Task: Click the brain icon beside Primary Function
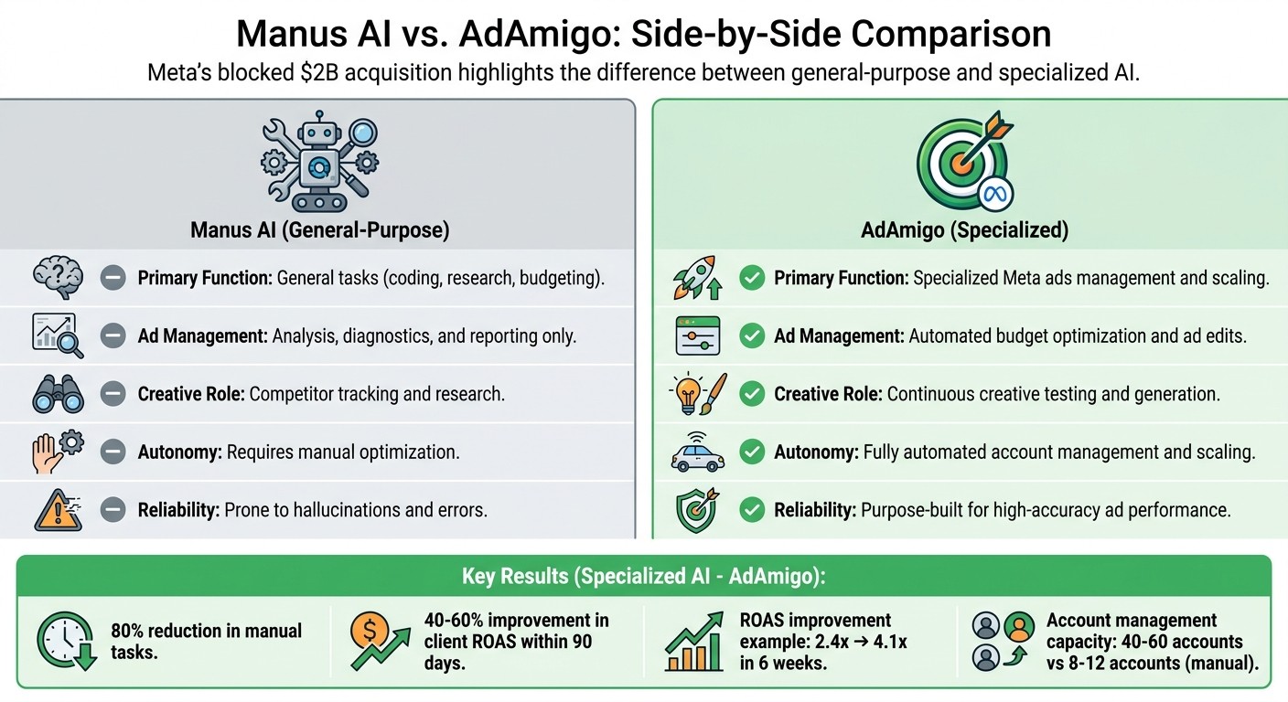[57, 277]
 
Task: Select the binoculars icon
[57, 394]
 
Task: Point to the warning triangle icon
[57, 509]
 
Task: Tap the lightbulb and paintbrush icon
[698, 394]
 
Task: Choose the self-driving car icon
[698, 452]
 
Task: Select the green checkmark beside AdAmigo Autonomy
[752, 452]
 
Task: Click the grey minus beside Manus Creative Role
[113, 394]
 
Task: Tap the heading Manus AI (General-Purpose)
[319, 229]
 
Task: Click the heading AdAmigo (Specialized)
[964, 229]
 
